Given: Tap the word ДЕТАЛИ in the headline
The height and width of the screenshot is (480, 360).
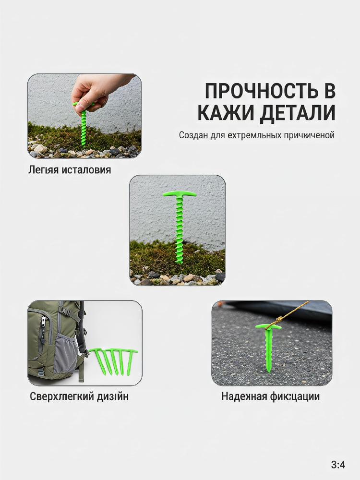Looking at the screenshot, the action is (298, 113).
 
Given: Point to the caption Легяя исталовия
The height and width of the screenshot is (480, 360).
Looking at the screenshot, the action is (70, 169).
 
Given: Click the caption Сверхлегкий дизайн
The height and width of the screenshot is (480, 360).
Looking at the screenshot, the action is (79, 396).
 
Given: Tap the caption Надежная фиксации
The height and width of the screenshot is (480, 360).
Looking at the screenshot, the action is (270, 396).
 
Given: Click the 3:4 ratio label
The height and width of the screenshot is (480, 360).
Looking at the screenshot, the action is (338, 465).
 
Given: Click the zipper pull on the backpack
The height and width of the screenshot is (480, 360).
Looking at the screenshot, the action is (43, 324).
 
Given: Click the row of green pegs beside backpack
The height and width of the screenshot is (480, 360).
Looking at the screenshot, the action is (113, 361).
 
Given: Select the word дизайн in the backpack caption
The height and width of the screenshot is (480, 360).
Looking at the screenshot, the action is (113, 396).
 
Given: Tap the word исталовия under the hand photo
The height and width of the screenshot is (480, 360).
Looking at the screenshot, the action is (86, 169).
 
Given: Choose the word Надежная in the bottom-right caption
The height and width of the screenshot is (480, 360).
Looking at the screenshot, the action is (244, 396).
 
